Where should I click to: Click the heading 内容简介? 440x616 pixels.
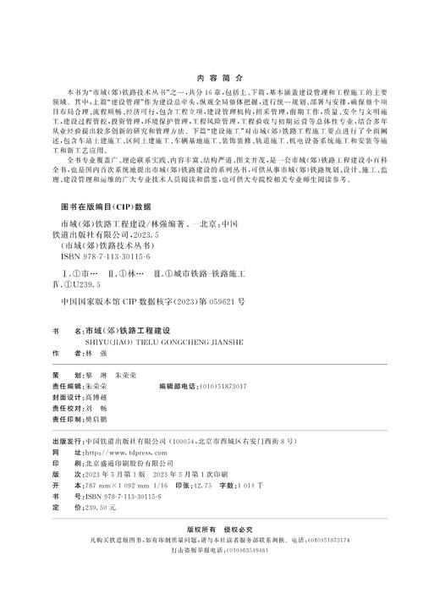click(x=219, y=74)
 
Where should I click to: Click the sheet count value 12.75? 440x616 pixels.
click(x=204, y=487)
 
